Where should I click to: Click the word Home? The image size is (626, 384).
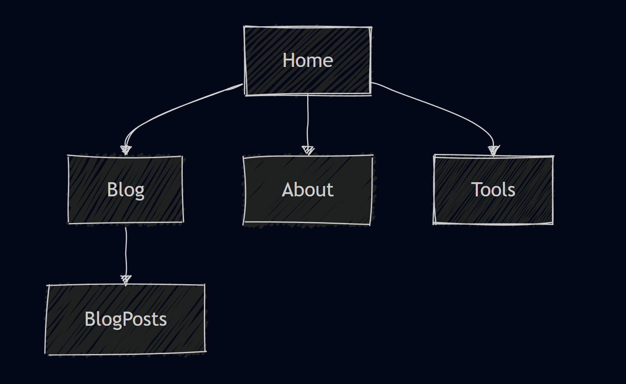(308, 60)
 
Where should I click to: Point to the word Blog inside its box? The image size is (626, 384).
(125, 190)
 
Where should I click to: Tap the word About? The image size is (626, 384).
(308, 190)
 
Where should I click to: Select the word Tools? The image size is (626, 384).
(493, 190)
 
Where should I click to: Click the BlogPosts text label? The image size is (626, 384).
(125, 319)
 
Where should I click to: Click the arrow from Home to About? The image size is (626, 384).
(308, 121)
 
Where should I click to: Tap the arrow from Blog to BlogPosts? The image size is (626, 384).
(126, 250)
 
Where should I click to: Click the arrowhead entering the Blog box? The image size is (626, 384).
(126, 150)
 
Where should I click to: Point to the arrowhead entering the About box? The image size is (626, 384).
(308, 150)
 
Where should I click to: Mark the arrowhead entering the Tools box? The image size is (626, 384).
(494, 150)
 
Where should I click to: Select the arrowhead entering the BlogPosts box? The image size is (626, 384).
(126, 279)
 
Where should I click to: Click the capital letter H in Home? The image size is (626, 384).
(288, 60)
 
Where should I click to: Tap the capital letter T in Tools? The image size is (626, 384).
(476, 190)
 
